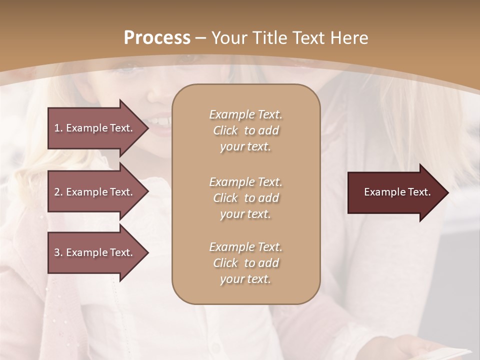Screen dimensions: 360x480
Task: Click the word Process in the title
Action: [x=157, y=38]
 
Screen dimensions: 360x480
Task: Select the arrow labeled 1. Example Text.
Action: [x=95, y=128]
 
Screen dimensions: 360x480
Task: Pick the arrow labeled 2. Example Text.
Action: [x=95, y=192]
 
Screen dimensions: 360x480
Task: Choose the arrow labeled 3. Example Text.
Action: [x=95, y=252]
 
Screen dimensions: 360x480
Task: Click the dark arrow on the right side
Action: [x=395, y=192]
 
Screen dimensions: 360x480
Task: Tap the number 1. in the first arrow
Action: [x=58, y=128]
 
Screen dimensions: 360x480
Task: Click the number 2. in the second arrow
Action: [x=58, y=192]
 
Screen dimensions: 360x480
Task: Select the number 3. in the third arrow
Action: [x=58, y=252]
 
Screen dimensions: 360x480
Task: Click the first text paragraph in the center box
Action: [x=245, y=130]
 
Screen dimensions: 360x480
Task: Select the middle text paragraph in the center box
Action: [x=245, y=198]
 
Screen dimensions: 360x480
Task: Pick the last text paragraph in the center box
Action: [x=245, y=263]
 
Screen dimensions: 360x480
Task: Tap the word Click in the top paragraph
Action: [x=225, y=130]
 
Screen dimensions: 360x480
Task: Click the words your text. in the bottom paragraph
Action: [x=245, y=279]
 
